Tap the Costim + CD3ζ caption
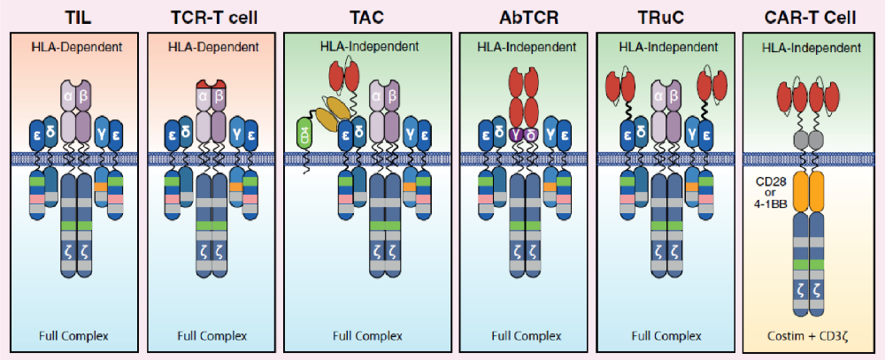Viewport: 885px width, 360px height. (809, 335)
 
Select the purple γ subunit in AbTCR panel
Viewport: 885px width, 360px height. (514, 134)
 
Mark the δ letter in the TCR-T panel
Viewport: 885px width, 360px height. (187, 134)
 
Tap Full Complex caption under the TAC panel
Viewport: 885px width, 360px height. (368, 335)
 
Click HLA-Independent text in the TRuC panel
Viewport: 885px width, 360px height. (664, 47)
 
